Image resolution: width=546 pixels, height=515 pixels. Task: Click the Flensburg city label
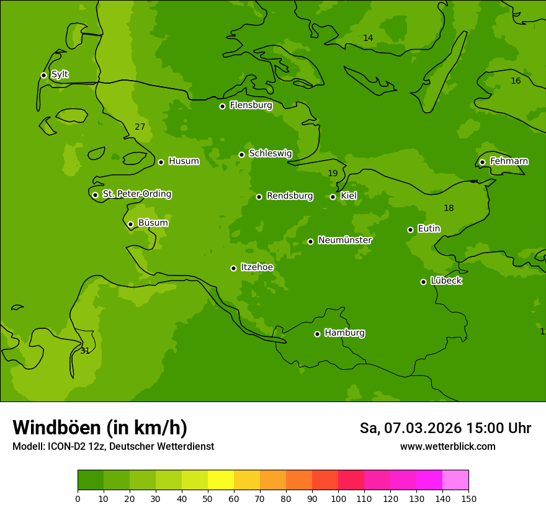(251, 105)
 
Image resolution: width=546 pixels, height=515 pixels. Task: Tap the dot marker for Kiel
(333, 197)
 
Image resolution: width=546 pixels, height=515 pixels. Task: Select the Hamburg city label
(344, 333)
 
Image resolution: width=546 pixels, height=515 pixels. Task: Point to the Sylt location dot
(43, 75)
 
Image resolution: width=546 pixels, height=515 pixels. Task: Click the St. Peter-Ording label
(136, 194)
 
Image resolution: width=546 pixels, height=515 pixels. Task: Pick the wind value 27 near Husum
(140, 127)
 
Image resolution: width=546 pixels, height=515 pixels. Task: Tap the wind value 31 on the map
(85, 351)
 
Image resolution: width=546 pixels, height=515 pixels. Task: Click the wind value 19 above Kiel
(333, 174)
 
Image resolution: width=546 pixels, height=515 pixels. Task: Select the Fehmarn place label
(509, 161)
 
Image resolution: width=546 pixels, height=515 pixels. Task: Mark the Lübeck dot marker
(423, 282)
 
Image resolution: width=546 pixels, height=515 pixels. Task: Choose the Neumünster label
(345, 240)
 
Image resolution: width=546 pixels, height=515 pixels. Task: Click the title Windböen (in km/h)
(100, 428)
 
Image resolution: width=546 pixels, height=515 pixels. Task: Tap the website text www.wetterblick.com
(447, 447)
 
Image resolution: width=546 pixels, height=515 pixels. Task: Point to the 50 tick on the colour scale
(208, 498)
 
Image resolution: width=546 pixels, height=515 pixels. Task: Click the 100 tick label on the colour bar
(338, 498)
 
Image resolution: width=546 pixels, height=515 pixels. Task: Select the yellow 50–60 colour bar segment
(221, 480)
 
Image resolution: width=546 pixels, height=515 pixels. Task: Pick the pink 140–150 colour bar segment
(455, 480)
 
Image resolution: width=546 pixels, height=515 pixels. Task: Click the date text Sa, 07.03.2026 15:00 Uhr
(445, 428)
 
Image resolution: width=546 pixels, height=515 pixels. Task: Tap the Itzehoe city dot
(233, 268)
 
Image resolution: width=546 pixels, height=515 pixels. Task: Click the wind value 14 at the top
(368, 38)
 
